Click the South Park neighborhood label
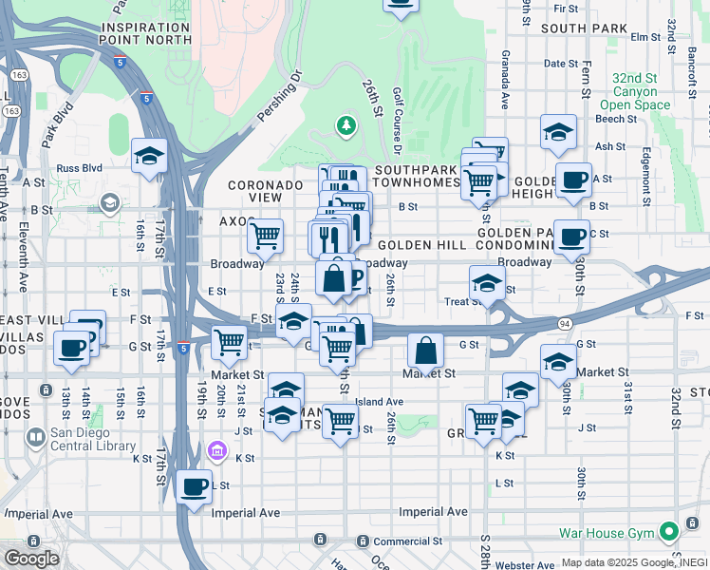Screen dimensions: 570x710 [584, 28]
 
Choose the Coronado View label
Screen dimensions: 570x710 [253, 191]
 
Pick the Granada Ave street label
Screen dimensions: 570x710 [506, 81]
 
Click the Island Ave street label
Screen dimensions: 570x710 [380, 402]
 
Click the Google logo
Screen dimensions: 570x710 [30, 559]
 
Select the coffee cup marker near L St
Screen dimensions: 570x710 [195, 486]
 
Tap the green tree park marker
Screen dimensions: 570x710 [346, 125]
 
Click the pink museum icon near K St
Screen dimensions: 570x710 [215, 449]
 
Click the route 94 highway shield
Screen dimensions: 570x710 [564, 324]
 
